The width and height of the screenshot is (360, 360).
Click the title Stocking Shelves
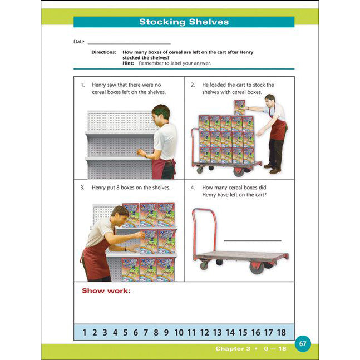click(184, 22)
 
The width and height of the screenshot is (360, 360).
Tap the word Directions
click(103, 52)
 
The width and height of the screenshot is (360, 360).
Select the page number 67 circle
click(303, 343)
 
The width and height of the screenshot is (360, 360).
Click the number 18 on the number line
click(281, 333)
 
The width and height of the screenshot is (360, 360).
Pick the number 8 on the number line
click(156, 333)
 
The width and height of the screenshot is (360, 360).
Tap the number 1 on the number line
click(85, 333)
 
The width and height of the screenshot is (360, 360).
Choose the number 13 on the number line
click(217, 333)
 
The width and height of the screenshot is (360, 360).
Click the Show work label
click(106, 290)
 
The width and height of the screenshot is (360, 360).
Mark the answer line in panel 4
click(252, 241)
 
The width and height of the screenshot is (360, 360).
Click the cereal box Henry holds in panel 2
click(239, 107)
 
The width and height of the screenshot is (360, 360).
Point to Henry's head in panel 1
click(160, 112)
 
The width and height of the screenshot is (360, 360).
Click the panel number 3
click(82, 188)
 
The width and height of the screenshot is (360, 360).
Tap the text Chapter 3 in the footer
click(233, 349)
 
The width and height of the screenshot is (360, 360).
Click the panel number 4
click(193, 188)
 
